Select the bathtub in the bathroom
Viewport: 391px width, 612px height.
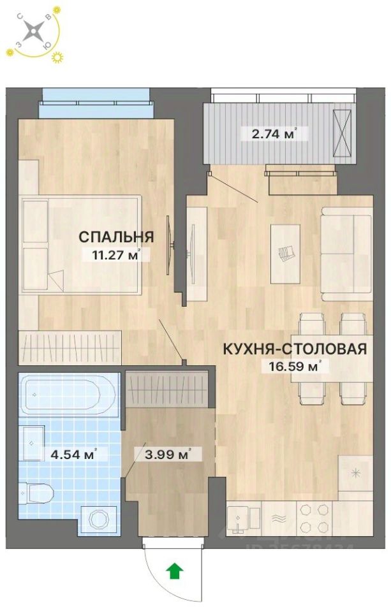tap(68, 396)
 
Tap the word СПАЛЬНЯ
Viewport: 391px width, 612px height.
tap(115, 237)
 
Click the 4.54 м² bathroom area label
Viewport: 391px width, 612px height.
tap(73, 455)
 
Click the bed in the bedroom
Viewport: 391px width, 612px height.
tap(80, 245)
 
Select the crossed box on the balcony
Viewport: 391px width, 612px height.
tap(342, 133)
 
